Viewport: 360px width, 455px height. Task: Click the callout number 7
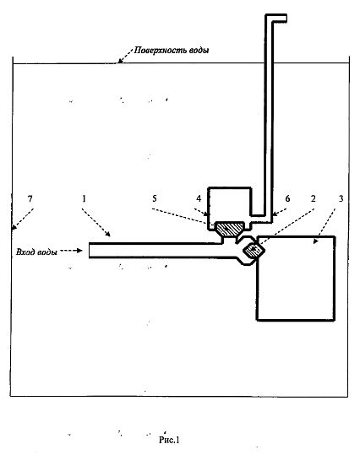(30, 198)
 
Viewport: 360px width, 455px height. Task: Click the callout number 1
(84, 198)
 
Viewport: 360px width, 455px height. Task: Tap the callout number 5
(155, 198)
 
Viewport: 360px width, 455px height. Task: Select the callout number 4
(199, 198)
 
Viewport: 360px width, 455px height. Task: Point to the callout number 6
(287, 198)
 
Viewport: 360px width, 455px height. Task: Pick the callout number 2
(313, 198)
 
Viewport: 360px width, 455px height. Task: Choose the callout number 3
(341, 198)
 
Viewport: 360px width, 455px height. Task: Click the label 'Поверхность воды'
(172, 50)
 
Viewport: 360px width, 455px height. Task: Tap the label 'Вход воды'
(36, 252)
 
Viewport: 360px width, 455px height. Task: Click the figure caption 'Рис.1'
(169, 440)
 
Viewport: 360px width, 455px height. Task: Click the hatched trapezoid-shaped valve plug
(230, 230)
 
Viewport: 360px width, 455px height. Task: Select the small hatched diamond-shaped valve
(254, 249)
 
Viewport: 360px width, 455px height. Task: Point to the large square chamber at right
(296, 278)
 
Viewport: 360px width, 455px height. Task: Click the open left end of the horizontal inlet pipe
(90, 250)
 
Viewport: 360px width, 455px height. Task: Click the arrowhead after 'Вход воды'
(79, 250)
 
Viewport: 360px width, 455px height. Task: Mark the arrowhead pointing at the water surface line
(120, 61)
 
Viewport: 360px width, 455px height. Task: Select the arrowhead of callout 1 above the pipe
(107, 234)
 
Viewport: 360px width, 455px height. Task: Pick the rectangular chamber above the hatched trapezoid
(230, 204)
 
